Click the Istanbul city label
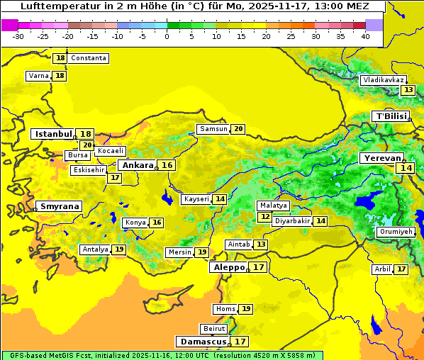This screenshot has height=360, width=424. (x=53, y=134)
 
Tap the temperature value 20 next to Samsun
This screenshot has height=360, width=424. (x=238, y=129)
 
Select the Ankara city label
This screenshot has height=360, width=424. (x=137, y=165)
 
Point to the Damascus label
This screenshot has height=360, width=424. (x=203, y=342)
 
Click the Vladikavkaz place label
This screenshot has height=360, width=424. (x=384, y=80)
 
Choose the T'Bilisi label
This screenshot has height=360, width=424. (x=390, y=116)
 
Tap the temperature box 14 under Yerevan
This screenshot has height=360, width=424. (x=406, y=168)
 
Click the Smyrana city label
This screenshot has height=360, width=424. (x=60, y=206)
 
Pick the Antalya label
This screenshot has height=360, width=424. (x=95, y=249)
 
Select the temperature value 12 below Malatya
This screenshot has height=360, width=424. (x=264, y=217)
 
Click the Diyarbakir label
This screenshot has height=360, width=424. (x=292, y=221)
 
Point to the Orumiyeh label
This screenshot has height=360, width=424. (x=396, y=232)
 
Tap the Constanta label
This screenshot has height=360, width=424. (x=89, y=58)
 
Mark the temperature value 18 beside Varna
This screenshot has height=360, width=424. (x=60, y=76)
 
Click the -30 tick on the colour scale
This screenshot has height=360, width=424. (x=18, y=36)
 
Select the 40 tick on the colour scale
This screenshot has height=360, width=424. (x=364, y=36)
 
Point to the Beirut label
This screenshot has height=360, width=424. (x=213, y=329)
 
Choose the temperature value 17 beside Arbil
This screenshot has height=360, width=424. (x=401, y=269)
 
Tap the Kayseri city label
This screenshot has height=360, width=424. (x=196, y=199)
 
